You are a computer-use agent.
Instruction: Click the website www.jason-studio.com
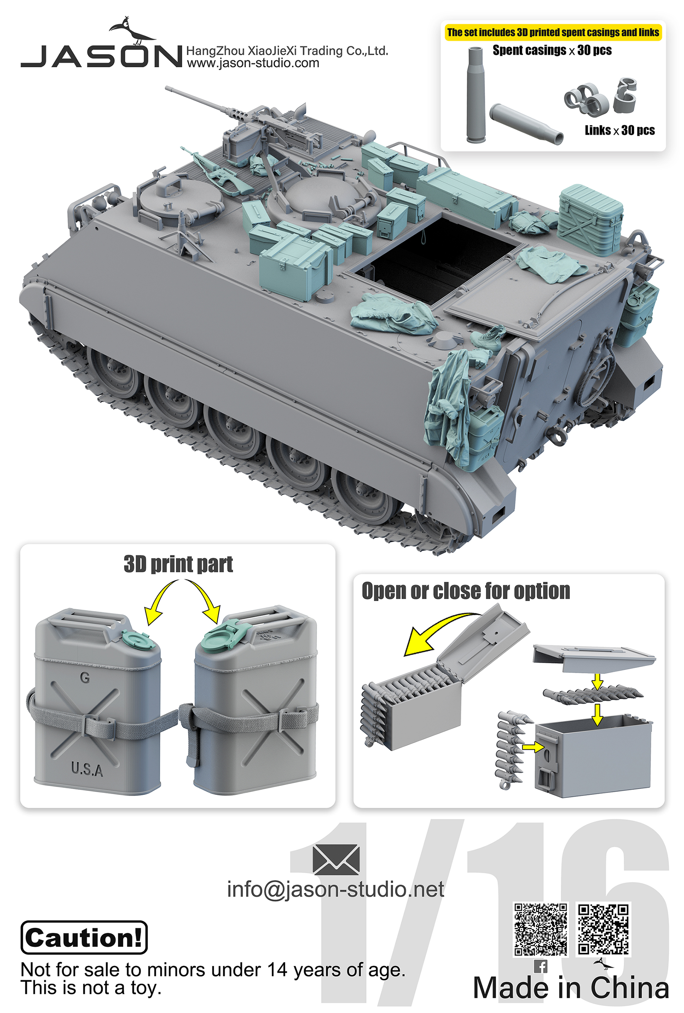pyautogui.click(x=253, y=64)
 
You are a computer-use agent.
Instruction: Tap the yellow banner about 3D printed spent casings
pyautogui.click(x=552, y=32)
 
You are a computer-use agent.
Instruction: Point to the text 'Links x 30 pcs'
pyautogui.click(x=619, y=130)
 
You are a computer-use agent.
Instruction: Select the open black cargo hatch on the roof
pyautogui.click(x=436, y=257)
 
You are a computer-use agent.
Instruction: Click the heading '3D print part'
pyautogui.click(x=178, y=564)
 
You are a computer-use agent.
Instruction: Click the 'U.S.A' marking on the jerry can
pyautogui.click(x=87, y=769)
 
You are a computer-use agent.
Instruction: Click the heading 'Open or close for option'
pyautogui.click(x=465, y=591)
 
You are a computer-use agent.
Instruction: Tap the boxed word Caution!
pyautogui.click(x=84, y=938)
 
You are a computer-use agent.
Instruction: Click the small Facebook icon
pyautogui.click(x=540, y=966)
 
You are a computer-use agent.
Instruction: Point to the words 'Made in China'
pyautogui.click(x=571, y=988)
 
